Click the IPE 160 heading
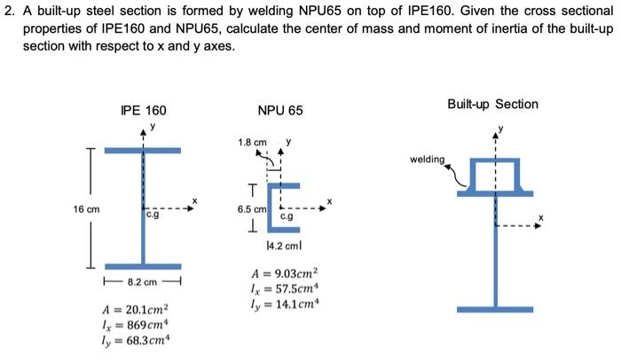143,111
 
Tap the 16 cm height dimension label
86,209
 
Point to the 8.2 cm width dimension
142,282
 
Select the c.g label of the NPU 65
288,215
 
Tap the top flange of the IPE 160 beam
142,151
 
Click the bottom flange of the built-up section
496,309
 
